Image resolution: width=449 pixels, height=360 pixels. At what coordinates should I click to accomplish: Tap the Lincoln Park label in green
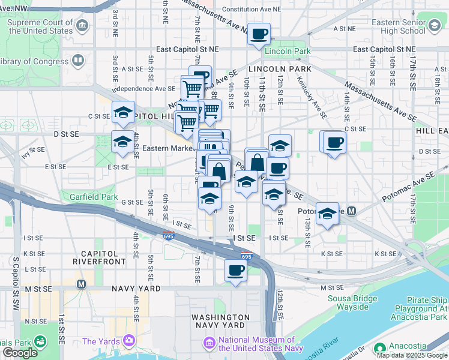pos(288,52)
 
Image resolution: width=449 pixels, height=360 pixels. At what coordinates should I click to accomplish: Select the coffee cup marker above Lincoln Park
pos(259,34)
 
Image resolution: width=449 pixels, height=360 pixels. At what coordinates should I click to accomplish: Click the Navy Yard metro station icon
pos(81,283)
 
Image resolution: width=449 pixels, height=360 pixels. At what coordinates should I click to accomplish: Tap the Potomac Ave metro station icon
pos(352,211)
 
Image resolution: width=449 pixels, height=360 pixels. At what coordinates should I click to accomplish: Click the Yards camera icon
pos(128,341)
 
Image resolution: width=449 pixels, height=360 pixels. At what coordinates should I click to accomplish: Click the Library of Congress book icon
pos(77,61)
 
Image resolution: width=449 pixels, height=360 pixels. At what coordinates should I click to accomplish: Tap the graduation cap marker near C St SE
pos(123,112)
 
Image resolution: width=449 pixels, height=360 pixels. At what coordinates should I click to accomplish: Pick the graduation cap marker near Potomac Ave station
pos(327,214)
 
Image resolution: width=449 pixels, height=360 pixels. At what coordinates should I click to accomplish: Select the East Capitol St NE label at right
pos(384,49)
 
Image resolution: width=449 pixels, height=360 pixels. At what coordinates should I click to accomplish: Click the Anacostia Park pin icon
pos(379,348)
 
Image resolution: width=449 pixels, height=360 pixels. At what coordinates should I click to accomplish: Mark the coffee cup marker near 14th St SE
pos(334,143)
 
